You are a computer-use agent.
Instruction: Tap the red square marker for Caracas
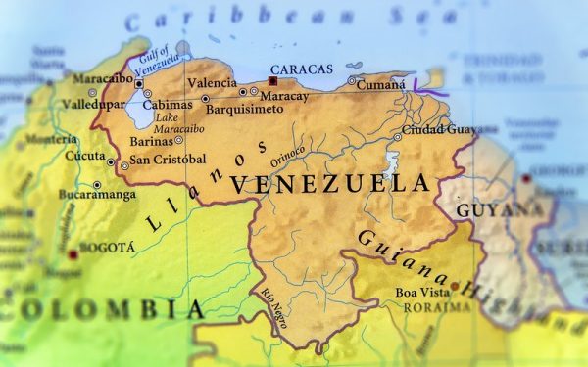pos(272,82)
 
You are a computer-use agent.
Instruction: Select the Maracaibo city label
pos(98,77)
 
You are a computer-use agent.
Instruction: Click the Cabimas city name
pos(167,105)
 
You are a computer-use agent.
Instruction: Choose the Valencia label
pos(212,83)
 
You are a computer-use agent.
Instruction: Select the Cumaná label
pos(378,84)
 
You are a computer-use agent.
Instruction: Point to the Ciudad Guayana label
pos(440,130)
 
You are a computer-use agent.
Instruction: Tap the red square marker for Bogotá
pos(73,254)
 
